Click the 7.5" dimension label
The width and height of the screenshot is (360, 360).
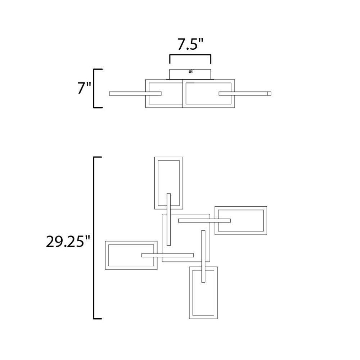190,44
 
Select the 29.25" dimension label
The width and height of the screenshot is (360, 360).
68,242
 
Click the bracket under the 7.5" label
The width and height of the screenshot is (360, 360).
190,55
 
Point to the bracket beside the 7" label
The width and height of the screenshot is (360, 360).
94,88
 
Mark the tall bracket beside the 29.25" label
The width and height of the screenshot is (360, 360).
94,238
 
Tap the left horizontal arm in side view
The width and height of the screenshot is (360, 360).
135,94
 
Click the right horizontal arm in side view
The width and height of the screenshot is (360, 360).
245,94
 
